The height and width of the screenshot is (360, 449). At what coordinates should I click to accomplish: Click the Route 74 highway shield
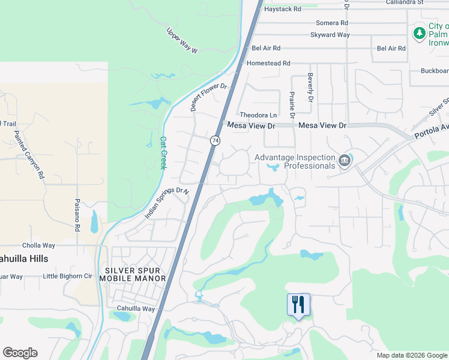click(214, 140)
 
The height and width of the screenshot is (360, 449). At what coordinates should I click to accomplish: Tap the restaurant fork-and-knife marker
click(298, 305)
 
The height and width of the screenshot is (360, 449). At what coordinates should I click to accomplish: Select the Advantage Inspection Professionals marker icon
click(345, 160)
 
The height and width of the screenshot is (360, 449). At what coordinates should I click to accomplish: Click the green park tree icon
click(419, 34)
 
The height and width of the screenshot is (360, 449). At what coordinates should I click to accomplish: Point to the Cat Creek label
click(162, 152)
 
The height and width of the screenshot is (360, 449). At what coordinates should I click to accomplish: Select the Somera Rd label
click(332, 23)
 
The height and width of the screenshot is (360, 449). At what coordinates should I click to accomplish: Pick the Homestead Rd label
click(268, 63)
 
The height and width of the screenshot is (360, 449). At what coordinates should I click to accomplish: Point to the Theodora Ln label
click(258, 115)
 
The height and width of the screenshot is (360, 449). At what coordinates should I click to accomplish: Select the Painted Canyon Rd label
click(30, 155)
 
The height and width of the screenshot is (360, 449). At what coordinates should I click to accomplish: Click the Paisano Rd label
click(77, 215)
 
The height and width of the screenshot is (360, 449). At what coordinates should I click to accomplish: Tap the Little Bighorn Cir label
click(68, 277)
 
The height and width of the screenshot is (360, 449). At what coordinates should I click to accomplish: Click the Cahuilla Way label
click(136, 309)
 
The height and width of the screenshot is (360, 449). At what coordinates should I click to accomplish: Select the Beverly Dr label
click(311, 87)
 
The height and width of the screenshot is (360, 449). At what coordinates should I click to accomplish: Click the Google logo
click(20, 353)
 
